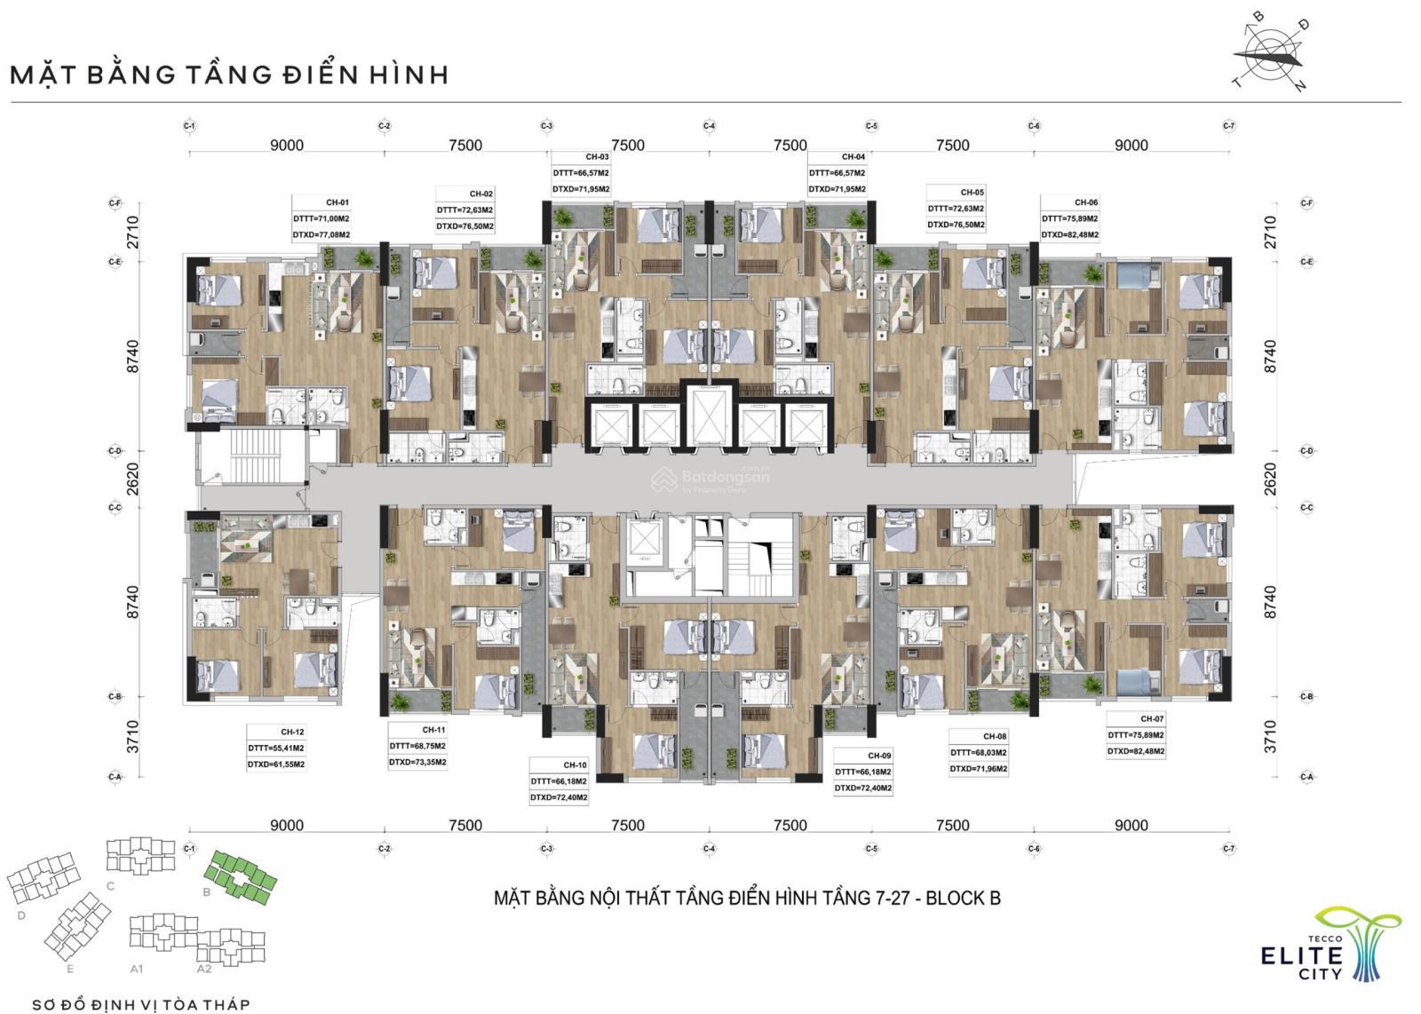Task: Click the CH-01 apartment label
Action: click(337, 202)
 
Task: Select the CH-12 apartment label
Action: click(292, 732)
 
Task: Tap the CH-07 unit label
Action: click(1152, 718)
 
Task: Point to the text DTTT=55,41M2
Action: click(276, 748)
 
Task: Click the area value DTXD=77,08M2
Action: click(322, 235)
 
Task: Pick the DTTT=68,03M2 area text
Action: click(979, 753)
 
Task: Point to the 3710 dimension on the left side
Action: click(133, 736)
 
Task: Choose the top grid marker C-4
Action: click(709, 126)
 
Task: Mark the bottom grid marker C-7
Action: click(1228, 849)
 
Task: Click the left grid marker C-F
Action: click(115, 203)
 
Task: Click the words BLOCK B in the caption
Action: click(963, 898)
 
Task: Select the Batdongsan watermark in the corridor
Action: click(710, 479)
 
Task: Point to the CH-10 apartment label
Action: click(575, 764)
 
